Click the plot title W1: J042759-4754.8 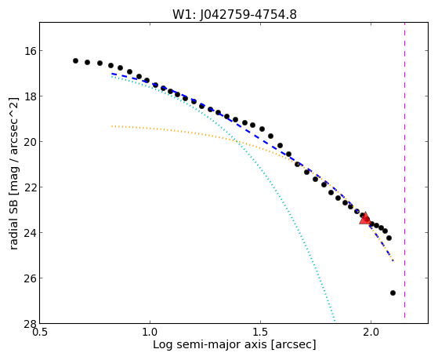tap(234, 14)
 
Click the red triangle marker tap(365, 219)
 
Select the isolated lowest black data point tap(393, 293)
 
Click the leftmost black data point tap(75, 60)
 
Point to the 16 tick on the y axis tap(29, 51)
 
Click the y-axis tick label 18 tap(29, 96)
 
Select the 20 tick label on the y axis tap(29, 142)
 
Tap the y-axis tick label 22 tap(29, 187)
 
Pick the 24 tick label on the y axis tap(29, 233)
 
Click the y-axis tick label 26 tap(29, 278)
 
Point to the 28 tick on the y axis tap(29, 323)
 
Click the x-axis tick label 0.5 tap(40, 333)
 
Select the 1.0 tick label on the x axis tap(150, 333)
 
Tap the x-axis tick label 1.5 tap(260, 333)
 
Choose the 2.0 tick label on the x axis tap(371, 333)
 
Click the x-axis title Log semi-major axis tap(210, 344)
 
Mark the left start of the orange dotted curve tap(112, 126)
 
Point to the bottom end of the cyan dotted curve tap(335, 321)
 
